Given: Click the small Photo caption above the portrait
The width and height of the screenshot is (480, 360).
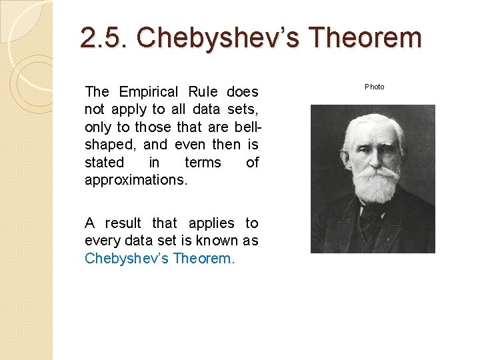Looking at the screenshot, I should (x=374, y=87).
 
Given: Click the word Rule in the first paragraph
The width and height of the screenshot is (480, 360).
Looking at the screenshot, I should (x=203, y=91).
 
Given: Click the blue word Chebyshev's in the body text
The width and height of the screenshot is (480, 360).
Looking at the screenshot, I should (x=126, y=258).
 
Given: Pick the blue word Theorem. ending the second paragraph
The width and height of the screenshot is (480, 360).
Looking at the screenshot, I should (x=204, y=258).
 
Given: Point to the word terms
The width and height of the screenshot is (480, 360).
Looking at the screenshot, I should (x=202, y=162).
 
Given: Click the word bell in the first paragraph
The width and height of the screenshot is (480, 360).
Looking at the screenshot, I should (x=245, y=127).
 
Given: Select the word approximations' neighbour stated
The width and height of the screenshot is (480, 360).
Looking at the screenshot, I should (x=104, y=162).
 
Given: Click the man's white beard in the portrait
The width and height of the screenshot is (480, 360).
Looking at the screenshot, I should (x=377, y=185).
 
